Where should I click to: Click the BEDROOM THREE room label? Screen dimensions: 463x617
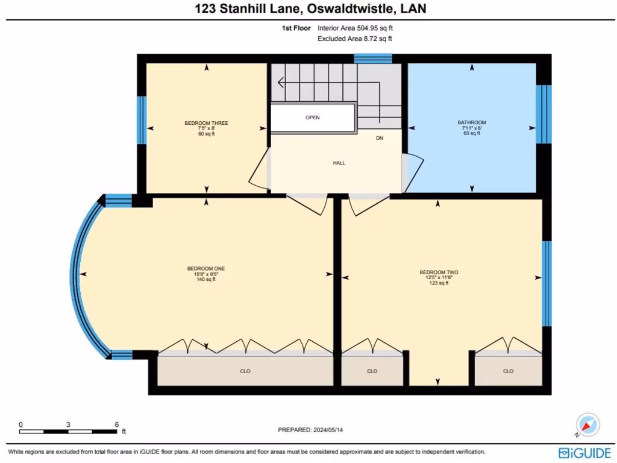pyautogui.click(x=206, y=123)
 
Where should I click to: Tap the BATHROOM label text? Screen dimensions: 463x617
pyautogui.click(x=472, y=122)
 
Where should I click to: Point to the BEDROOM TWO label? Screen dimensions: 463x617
pyautogui.click(x=439, y=272)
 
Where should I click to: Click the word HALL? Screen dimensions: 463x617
pyautogui.click(x=339, y=163)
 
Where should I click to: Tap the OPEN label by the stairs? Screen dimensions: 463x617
pyautogui.click(x=312, y=118)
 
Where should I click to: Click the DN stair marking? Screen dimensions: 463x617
pyautogui.click(x=380, y=138)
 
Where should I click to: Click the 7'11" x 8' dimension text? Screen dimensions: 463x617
pyautogui.click(x=472, y=128)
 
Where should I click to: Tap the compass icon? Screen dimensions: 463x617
pyautogui.click(x=587, y=425)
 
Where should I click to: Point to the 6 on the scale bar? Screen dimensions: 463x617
pyautogui.click(x=116, y=424)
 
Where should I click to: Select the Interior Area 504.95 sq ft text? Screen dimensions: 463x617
pyautogui.click(x=355, y=28)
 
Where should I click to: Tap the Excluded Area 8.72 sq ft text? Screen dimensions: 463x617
pyautogui.click(x=355, y=39)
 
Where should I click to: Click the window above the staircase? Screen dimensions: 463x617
pyautogui.click(x=373, y=58)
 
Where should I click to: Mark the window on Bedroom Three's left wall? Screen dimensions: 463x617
pyautogui.click(x=142, y=120)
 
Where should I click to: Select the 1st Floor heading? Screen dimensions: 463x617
pyautogui.click(x=296, y=28)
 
